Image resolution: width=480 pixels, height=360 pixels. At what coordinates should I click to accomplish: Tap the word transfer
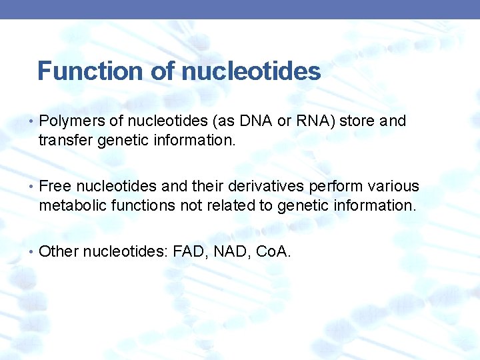[x=63, y=140]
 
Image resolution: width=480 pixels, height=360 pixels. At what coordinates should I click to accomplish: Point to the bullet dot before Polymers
[x=32, y=122]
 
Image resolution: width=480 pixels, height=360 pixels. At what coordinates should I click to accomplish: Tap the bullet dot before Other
[x=32, y=252]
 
